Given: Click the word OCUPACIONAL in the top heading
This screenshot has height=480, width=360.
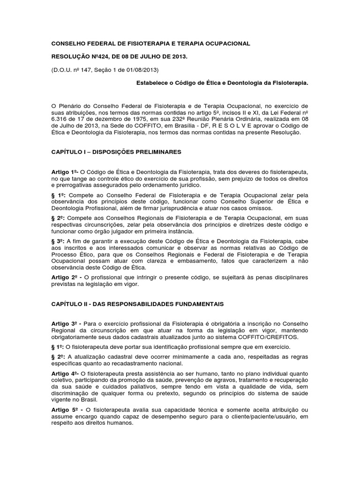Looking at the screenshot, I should click(x=226, y=44).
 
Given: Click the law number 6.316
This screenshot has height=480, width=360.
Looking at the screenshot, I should click(x=60, y=120).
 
